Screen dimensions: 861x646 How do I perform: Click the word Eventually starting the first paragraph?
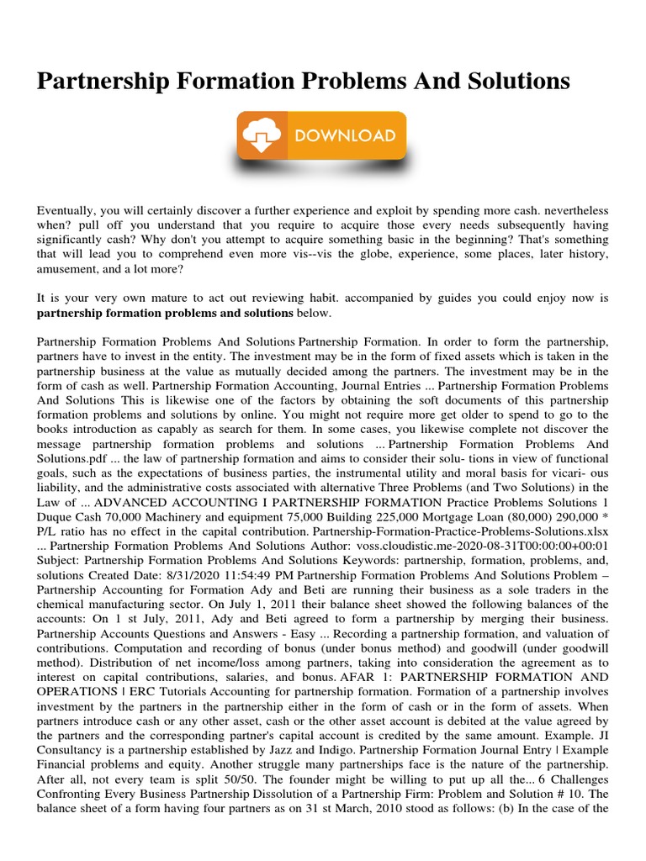[x=71, y=209]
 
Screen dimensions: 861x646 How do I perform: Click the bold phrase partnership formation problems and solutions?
[x=165, y=314]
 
